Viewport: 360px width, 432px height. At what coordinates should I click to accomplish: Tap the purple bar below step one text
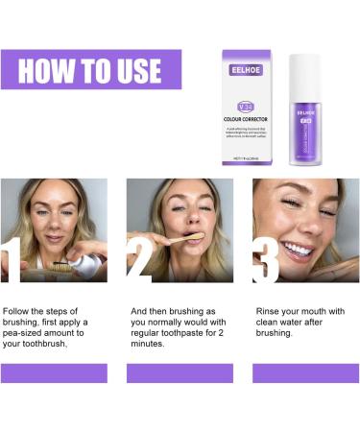[54, 372]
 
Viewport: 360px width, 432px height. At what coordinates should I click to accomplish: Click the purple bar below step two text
[180, 372]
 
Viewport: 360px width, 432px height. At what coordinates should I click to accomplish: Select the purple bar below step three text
[304, 372]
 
